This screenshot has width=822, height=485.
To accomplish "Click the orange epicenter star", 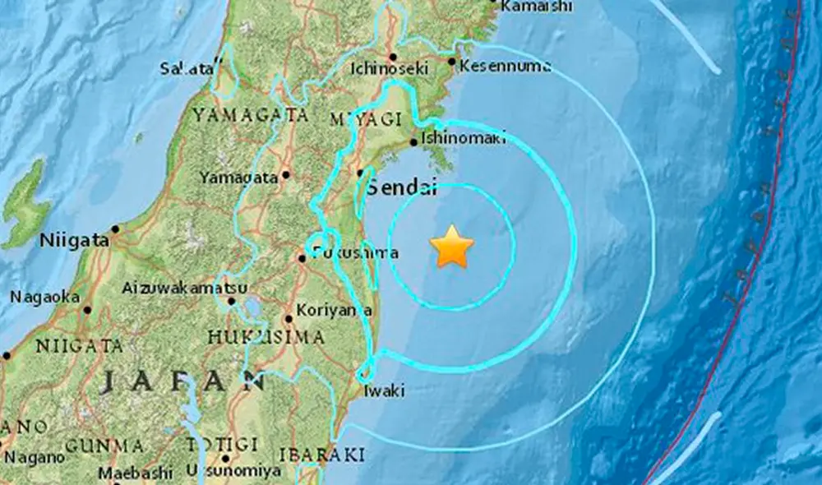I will [452, 247].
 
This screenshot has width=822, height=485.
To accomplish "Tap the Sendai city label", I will [401, 187].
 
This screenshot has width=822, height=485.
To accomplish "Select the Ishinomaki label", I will [462, 139].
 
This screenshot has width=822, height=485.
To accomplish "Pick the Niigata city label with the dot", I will [75, 241].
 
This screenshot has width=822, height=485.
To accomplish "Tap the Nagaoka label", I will [45, 297].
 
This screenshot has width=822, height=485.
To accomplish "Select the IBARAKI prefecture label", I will [322, 454].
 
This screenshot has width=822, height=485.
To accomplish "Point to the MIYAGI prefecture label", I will [366, 119].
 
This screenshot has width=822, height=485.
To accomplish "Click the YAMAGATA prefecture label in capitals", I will [251, 115].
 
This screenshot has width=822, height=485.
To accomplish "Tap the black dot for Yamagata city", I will [286, 174].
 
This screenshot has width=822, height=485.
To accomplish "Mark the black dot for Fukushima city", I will [302, 258].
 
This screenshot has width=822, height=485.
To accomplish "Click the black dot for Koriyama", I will [289, 319].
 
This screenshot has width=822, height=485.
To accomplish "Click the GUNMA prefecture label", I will [105, 446].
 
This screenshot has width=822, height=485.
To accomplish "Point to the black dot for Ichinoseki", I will [393, 57].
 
